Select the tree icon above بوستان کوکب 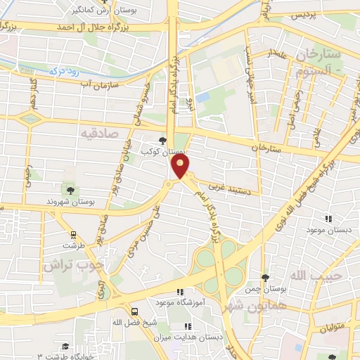pyautogui.click(x=163, y=141)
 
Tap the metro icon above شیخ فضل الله pyautogui.click(x=134, y=310)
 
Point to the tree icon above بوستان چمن pyautogui.click(x=264, y=279)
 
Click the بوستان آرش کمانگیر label pyautogui.click(x=103, y=8)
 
